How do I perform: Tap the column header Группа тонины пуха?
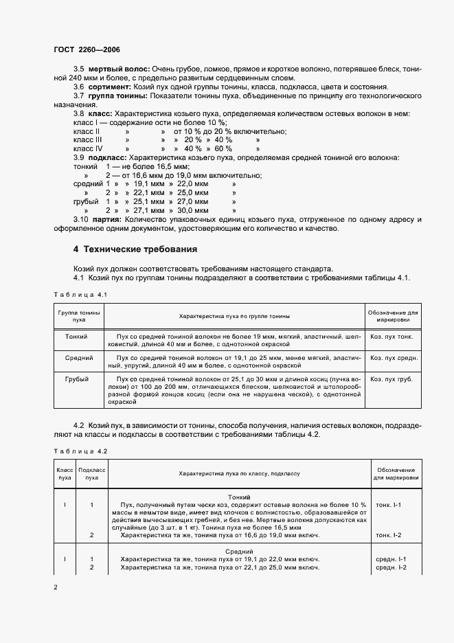79,316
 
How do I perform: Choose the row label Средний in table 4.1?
79,358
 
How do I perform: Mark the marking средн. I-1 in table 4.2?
391,559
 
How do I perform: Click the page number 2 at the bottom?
55,587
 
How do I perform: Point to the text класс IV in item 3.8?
88,148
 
